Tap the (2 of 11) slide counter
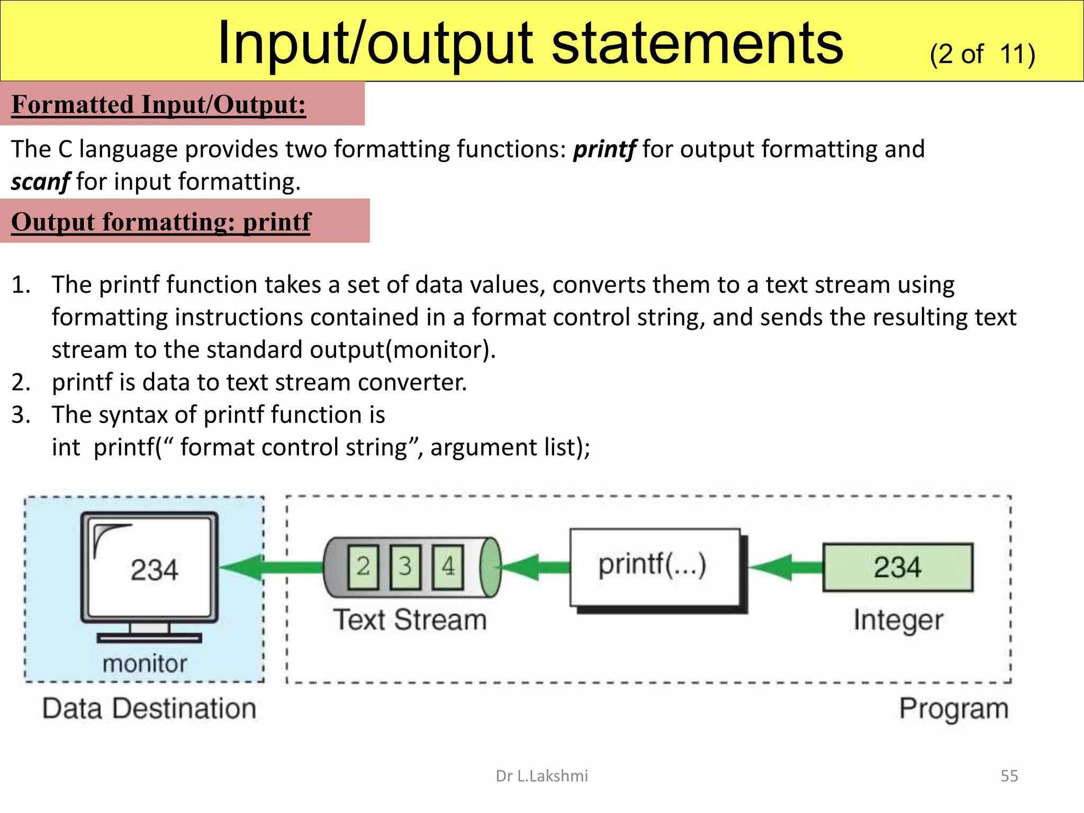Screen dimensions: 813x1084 982,54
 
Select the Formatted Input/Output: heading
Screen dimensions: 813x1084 159,104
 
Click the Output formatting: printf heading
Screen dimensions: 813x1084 161,222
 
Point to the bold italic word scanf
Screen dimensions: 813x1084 40,182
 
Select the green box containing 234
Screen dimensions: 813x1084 898,567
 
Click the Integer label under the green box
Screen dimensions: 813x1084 898,620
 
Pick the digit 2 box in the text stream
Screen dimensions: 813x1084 363,567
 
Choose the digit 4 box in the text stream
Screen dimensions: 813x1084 448,567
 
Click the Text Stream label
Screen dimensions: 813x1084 410,620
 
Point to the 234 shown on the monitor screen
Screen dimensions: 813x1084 154,570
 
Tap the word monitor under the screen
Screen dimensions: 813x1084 144,664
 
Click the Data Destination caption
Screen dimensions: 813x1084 149,709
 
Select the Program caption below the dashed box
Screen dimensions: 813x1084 954,709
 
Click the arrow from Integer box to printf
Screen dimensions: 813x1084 785,567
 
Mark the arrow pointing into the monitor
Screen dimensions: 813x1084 265,567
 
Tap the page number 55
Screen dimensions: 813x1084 1009,776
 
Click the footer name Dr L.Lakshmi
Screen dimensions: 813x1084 541,776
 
